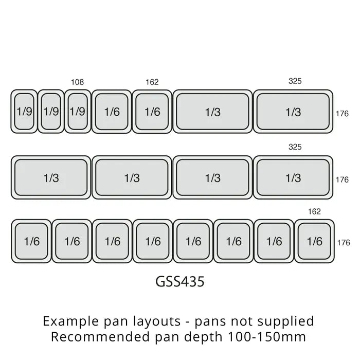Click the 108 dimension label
point(78,82)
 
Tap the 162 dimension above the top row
point(152,82)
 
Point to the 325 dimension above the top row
point(295,81)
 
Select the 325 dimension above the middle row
point(295,147)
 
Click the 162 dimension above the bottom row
point(314,211)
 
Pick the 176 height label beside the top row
point(342,113)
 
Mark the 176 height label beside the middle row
point(342,179)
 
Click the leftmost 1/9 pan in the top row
point(24,112)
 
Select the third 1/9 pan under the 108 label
point(78,112)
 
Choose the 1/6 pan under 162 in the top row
point(152,112)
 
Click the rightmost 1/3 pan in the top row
point(293,112)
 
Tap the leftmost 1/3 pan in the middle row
point(51,178)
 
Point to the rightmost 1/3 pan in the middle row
point(293,178)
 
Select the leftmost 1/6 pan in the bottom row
point(31,241)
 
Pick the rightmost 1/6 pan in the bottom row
point(314,241)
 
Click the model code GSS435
point(179,282)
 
